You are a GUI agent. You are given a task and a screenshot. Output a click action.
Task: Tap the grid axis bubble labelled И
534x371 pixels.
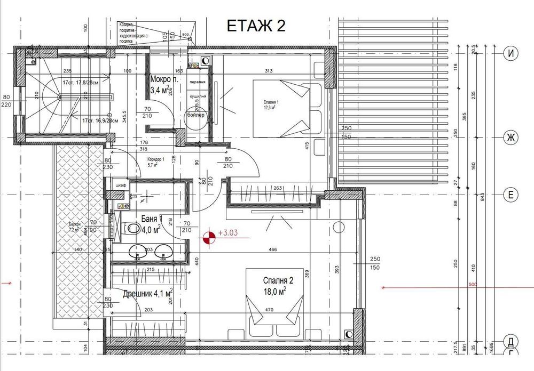[511, 53]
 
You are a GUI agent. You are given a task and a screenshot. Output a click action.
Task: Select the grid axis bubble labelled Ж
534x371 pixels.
[511, 138]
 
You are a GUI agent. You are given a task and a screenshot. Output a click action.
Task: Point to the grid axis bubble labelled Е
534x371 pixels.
[511, 196]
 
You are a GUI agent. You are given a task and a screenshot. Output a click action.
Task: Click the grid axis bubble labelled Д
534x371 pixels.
[511, 341]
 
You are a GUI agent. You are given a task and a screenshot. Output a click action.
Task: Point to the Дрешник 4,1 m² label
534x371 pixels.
[147, 293]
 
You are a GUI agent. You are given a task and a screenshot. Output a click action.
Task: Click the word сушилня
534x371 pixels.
[198, 96]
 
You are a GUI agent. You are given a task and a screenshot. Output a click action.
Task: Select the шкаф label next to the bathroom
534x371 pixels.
[120, 185]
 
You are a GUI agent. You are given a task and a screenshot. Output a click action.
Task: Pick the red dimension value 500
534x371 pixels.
[472, 285]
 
